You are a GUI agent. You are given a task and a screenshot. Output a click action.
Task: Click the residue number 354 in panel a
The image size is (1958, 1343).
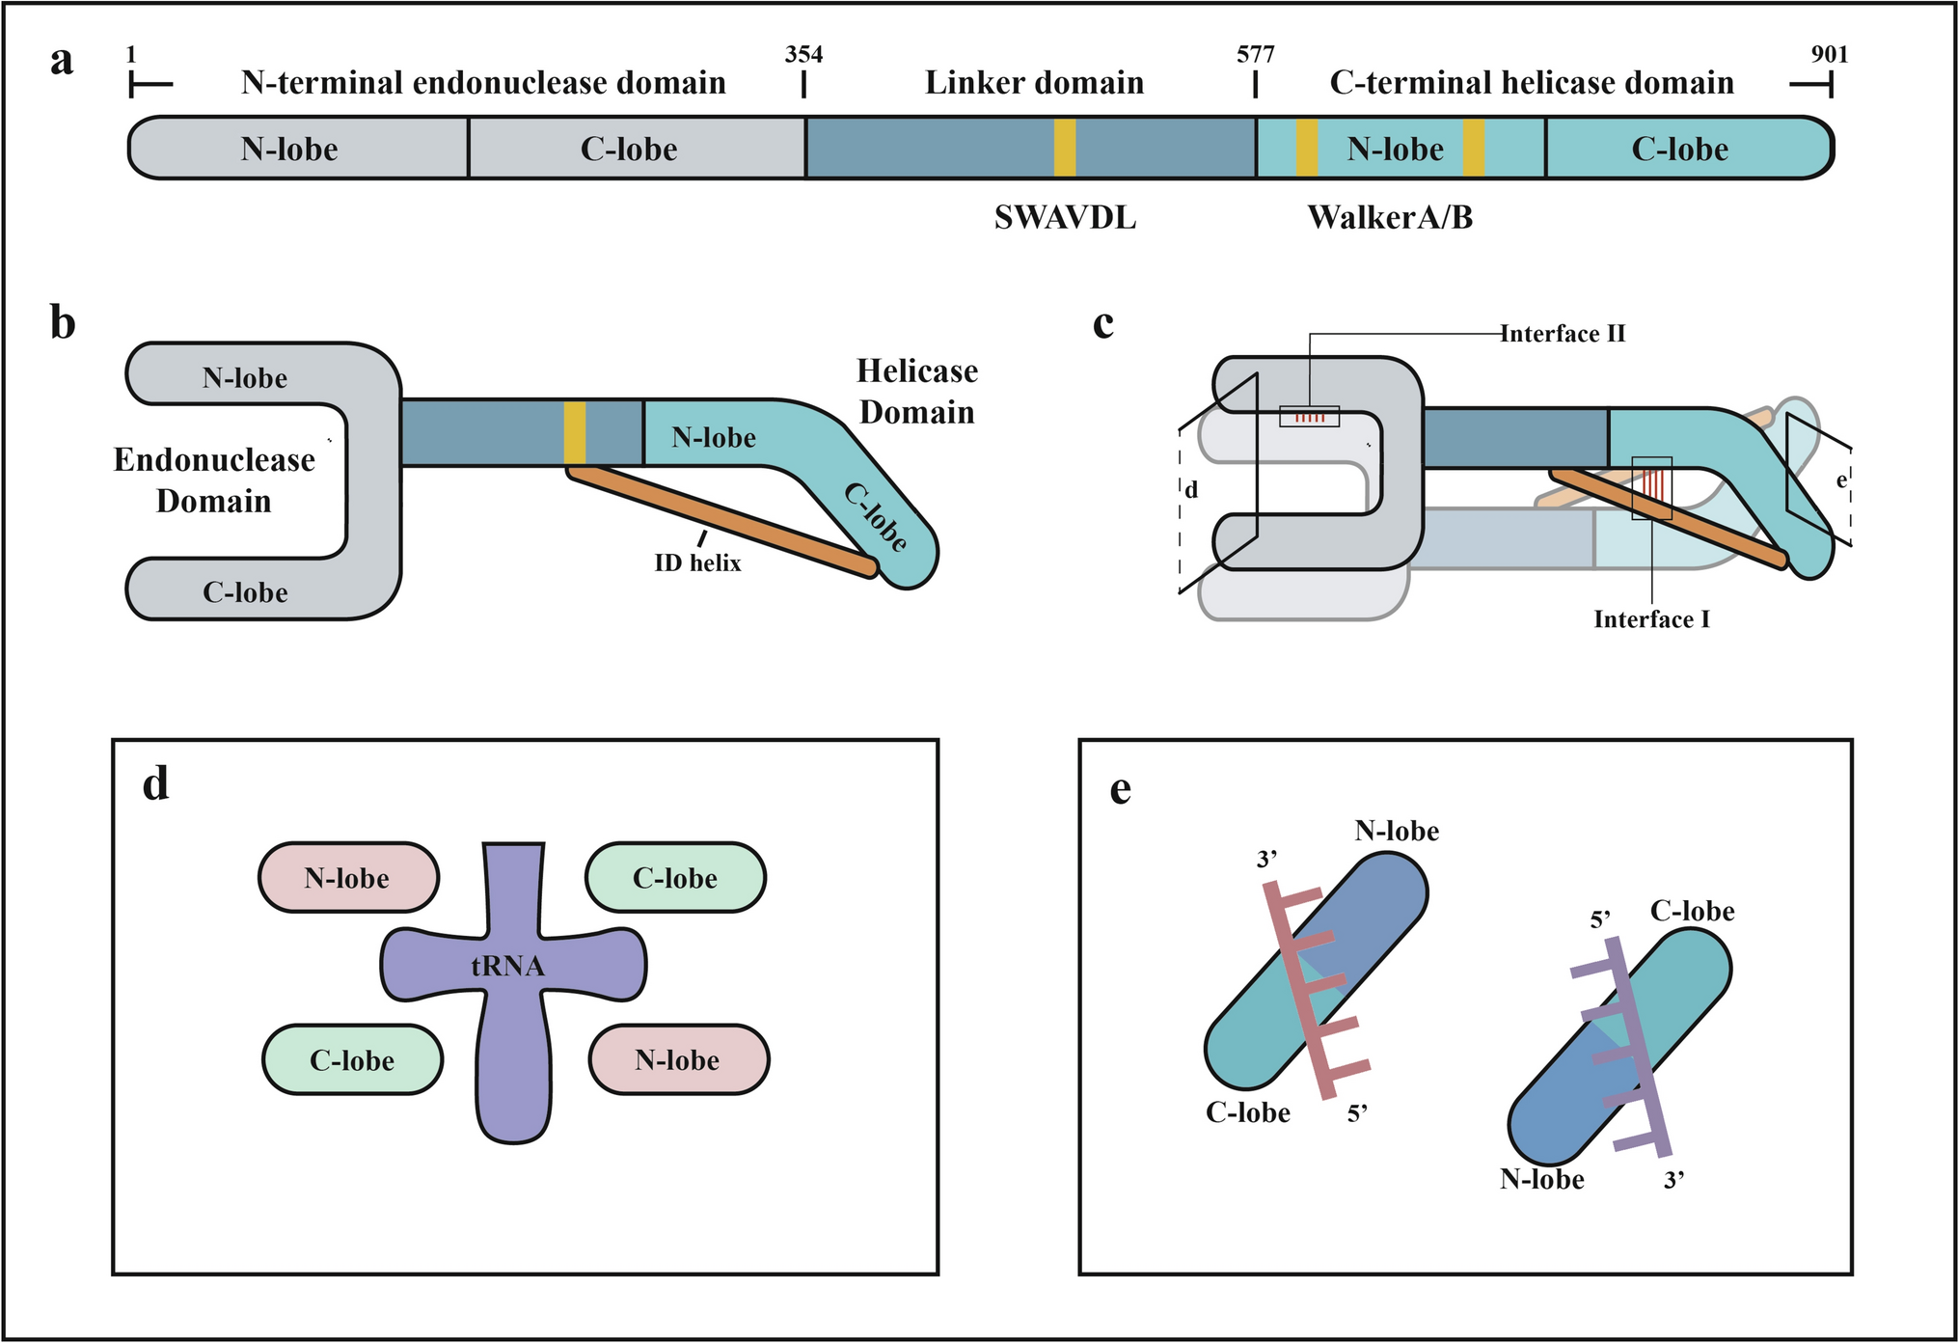tap(803, 55)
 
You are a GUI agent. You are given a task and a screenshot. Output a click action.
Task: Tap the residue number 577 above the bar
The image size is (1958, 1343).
tap(1255, 55)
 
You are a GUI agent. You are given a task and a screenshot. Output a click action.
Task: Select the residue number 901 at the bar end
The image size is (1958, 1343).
tap(1829, 55)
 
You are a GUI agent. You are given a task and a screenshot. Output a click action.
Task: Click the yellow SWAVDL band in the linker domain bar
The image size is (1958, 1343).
tap(1064, 148)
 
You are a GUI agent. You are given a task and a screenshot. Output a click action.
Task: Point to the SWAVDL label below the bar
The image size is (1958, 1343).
tap(1065, 219)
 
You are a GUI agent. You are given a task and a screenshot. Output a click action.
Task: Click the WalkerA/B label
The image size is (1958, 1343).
tap(1389, 218)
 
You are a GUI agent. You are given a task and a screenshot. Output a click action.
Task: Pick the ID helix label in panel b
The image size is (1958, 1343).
tap(697, 562)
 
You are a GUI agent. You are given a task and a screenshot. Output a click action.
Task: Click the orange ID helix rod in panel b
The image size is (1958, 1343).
tap(723, 521)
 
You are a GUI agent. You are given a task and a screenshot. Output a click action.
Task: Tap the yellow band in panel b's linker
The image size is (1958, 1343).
tap(574, 432)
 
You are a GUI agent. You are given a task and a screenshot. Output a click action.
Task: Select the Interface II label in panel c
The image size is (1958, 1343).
tap(1562, 334)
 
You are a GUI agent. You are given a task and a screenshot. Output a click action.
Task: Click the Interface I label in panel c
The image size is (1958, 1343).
tap(1651, 619)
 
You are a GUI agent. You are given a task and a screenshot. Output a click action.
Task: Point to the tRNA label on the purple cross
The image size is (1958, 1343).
tap(507, 966)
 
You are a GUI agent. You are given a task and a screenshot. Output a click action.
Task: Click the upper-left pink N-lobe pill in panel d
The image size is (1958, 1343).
tap(348, 877)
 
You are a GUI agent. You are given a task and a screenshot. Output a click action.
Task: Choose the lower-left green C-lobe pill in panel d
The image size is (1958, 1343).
tap(352, 1059)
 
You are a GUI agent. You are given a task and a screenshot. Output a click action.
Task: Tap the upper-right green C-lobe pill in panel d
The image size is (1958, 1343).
tap(675, 877)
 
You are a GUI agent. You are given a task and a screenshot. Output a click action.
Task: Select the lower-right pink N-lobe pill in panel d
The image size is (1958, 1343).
tap(678, 1059)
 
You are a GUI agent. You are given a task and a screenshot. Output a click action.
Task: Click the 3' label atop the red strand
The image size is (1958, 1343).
tap(1266, 859)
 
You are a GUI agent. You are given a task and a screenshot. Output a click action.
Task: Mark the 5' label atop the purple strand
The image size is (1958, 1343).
tap(1601, 919)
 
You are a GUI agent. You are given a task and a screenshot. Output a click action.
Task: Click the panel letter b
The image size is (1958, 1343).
tap(63, 323)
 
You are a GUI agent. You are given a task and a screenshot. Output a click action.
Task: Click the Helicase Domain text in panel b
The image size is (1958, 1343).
tap(916, 392)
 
